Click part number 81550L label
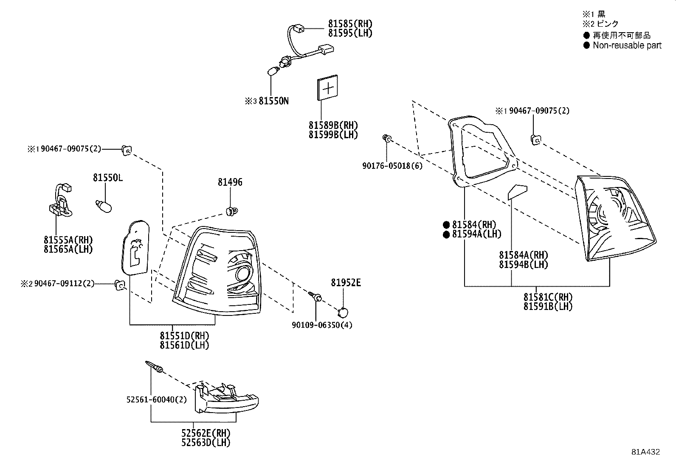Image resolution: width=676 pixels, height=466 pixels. tap(108, 178)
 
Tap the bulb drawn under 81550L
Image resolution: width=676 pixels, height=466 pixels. tap(104, 206)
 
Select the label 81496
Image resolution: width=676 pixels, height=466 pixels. tap(230, 182)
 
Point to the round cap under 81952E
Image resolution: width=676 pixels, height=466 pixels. tap(343, 313)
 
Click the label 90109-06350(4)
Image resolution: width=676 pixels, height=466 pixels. tap(322, 325)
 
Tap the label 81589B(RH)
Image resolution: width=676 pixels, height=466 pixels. tap(333, 126)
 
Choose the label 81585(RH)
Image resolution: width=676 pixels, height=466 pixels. tap(350, 24)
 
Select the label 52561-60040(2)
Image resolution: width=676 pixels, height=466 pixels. tap(156, 399)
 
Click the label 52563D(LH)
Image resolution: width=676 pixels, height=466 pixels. tap(206, 443)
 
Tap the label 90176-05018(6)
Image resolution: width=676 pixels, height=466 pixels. tap(392, 166)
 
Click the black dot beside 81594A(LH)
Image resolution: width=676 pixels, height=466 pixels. tap(446, 234)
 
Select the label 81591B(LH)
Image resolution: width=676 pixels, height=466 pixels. tap(548, 306)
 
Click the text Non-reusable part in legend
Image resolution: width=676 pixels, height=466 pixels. tap(627, 45)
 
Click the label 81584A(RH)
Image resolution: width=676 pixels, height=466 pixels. tap(524, 255)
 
